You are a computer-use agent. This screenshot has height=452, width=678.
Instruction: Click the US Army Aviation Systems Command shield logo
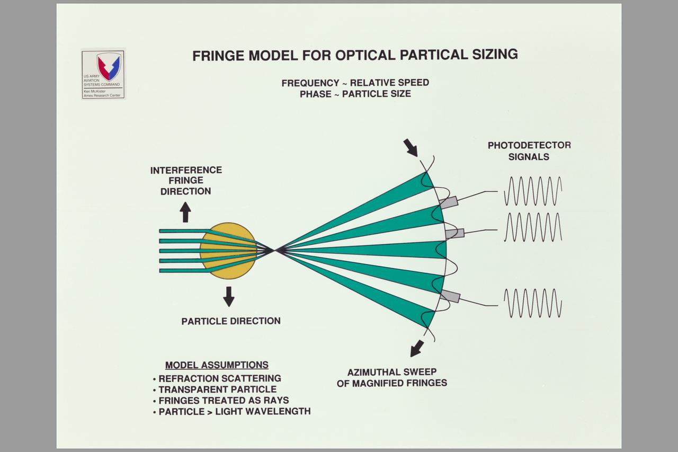[x=109, y=65]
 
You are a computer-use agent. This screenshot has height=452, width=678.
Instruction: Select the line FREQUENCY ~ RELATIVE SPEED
[x=355, y=83]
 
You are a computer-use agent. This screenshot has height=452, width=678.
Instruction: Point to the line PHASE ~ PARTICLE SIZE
[x=355, y=94]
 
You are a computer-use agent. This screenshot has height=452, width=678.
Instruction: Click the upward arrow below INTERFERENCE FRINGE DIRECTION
[x=185, y=212]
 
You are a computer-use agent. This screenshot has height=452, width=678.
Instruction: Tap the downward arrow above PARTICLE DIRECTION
[x=228, y=296]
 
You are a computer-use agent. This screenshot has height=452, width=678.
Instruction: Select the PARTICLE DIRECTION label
[x=231, y=321]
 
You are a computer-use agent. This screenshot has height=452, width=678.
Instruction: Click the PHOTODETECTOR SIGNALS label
[x=529, y=150]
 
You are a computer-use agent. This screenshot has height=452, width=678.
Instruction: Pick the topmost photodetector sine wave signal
[x=532, y=191]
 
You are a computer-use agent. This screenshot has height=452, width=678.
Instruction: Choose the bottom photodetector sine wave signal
[x=532, y=303]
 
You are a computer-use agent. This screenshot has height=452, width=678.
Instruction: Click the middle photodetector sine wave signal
[x=532, y=227]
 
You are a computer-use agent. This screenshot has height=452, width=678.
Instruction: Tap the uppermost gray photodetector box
[x=448, y=202]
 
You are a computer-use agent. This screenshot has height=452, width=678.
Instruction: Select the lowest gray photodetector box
[x=450, y=296]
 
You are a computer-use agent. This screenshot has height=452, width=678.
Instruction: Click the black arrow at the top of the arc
[x=411, y=147]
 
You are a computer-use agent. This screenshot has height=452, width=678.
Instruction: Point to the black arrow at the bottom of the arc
[x=417, y=348]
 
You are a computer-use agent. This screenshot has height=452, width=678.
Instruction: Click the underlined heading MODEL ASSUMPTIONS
[x=217, y=365]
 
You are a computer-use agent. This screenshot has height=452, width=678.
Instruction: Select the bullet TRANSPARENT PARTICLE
[x=217, y=389]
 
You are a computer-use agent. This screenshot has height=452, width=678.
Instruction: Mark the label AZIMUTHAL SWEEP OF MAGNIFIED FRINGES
[x=391, y=377]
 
